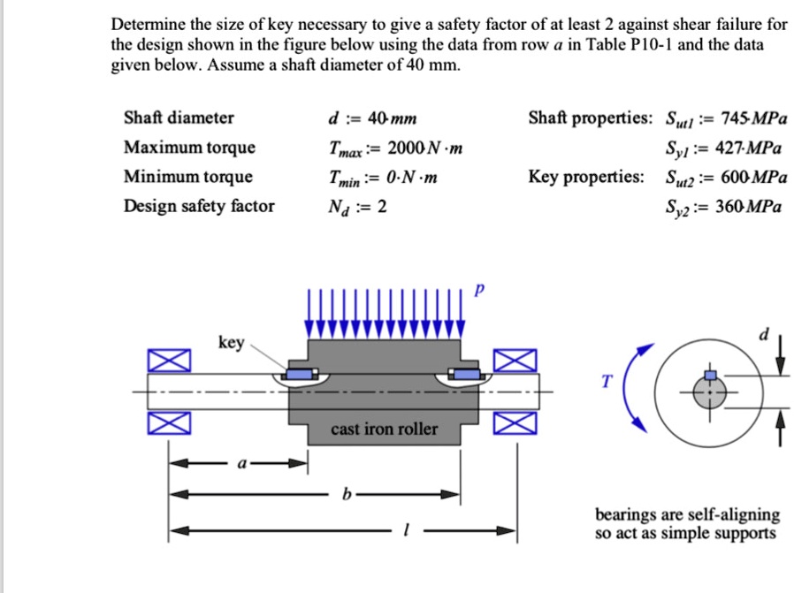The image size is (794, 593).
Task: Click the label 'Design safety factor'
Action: pos(199,207)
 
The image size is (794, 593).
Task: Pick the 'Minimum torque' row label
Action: pos(188,177)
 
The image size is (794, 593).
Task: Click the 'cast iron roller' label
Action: pos(384,429)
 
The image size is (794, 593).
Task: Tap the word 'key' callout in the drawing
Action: pos(232,343)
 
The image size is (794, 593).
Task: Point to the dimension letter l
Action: pos(403,531)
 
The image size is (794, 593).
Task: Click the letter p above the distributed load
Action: pos(480,292)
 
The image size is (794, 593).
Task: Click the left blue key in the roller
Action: pos(301,376)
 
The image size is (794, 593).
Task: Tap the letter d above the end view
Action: pos(766,333)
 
